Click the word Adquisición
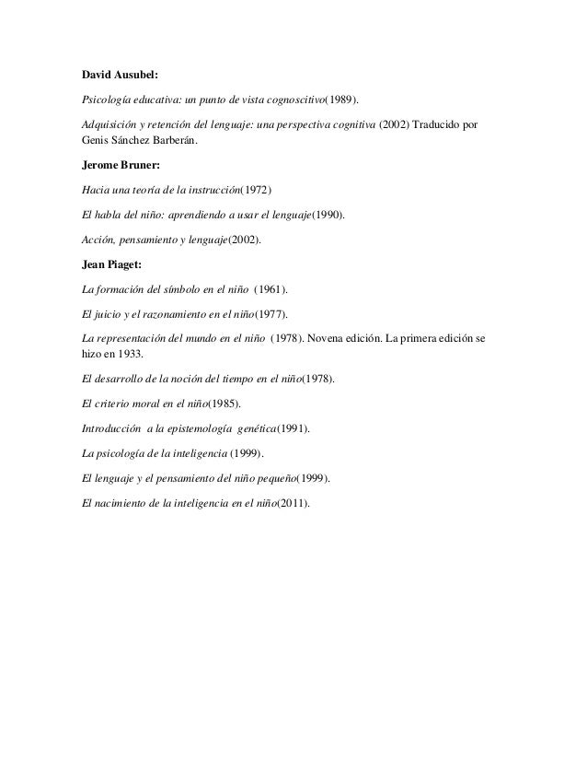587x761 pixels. (x=109, y=123)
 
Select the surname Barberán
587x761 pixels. (x=170, y=142)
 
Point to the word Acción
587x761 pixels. (x=98, y=241)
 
